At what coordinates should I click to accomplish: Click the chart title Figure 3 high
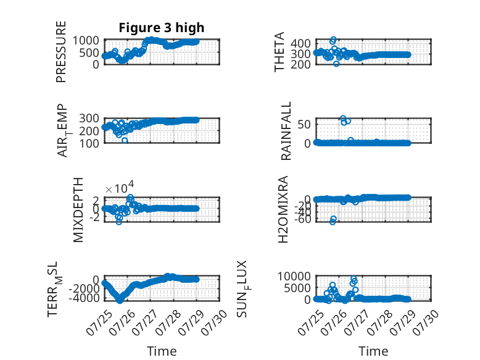pyautogui.click(x=161, y=28)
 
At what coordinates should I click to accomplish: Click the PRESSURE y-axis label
pyautogui.click(x=61, y=51)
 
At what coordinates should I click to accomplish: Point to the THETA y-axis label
pyautogui.click(x=279, y=52)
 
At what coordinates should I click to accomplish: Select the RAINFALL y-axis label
pyautogui.click(x=286, y=131)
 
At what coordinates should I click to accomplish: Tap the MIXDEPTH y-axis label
pyautogui.click(x=78, y=209)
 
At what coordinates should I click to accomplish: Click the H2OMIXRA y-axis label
pyautogui.click(x=283, y=209)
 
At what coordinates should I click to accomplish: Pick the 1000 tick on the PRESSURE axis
pyautogui.click(x=86, y=40)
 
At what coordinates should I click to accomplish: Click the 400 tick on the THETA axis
pyautogui.click(x=300, y=43)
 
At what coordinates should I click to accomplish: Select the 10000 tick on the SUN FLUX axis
pyautogui.click(x=294, y=277)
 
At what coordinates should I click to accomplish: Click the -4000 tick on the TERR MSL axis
pyautogui.click(x=84, y=298)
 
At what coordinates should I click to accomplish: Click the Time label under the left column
pyautogui.click(x=162, y=351)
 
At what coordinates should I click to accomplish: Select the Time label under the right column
pyautogui.click(x=373, y=351)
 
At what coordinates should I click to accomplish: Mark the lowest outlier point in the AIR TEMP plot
pyautogui.click(x=125, y=140)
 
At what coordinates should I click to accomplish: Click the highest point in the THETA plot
pyautogui.click(x=333, y=40)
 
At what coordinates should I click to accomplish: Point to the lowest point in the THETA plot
pyautogui.click(x=336, y=64)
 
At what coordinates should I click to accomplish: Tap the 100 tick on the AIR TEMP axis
pyautogui.click(x=89, y=143)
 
